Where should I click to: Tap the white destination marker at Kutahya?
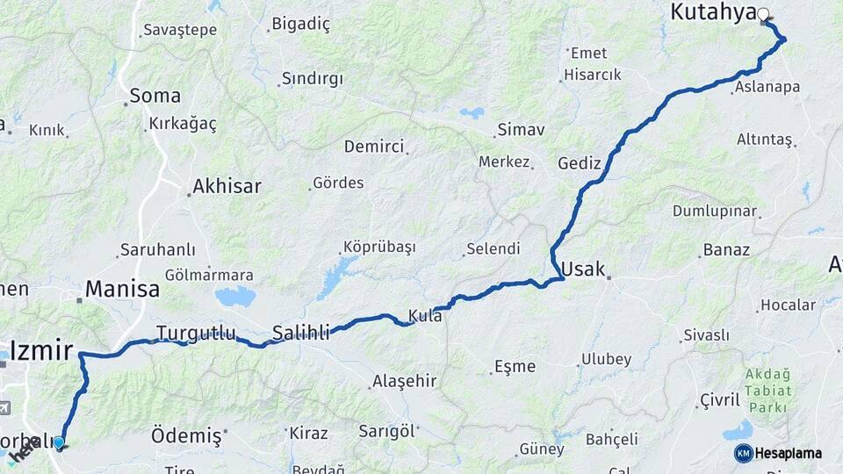763,14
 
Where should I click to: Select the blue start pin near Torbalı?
59,442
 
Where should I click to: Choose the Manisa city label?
122,289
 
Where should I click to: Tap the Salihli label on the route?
300,333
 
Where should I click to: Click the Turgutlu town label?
196,333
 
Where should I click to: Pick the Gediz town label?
580,163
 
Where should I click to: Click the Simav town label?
521,130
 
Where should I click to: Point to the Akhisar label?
227,186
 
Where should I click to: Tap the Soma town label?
155,96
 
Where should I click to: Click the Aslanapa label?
767,86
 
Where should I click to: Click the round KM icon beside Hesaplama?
743,453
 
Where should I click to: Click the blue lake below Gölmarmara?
234,297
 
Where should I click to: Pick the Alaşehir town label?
404,381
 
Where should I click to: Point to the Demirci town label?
373,146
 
